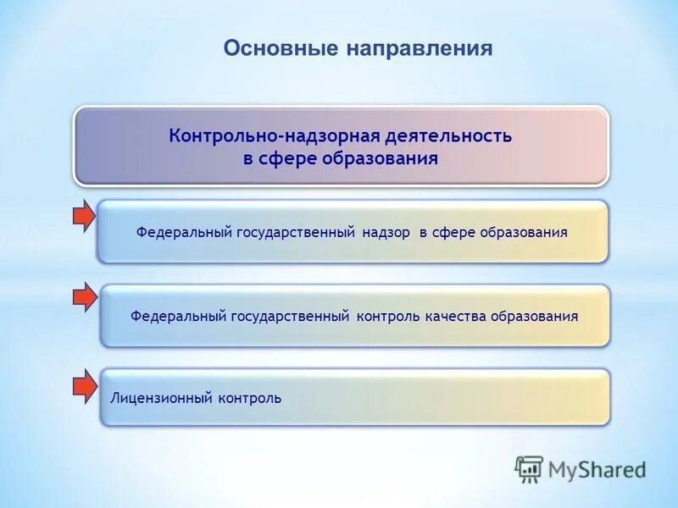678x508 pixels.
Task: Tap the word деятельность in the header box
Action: [x=448, y=136]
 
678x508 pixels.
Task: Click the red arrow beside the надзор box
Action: [x=84, y=217]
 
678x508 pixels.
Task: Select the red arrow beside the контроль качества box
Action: [x=84, y=298]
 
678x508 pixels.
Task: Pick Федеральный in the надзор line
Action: [x=181, y=232]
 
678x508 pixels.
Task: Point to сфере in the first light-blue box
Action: [x=455, y=232]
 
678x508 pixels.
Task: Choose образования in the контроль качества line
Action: [x=534, y=316]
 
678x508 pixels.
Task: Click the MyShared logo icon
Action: [x=529, y=468]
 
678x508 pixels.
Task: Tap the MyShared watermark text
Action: [x=597, y=469]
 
